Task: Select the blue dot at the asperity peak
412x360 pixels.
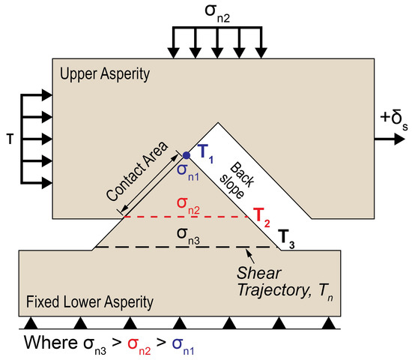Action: pyautogui.click(x=186, y=156)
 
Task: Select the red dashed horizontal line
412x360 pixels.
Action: pyautogui.click(x=187, y=217)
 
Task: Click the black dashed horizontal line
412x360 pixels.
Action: pyautogui.click(x=187, y=247)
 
